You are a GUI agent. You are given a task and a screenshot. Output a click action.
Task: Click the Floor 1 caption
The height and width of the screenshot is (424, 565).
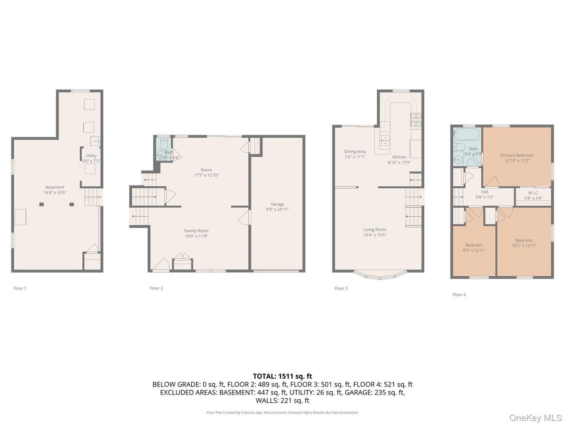tap(20, 288)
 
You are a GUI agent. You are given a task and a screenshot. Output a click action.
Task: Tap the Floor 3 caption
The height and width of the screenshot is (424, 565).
tap(341, 288)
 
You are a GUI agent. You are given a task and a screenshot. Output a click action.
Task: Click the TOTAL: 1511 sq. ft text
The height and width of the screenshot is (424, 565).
tap(282, 376)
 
